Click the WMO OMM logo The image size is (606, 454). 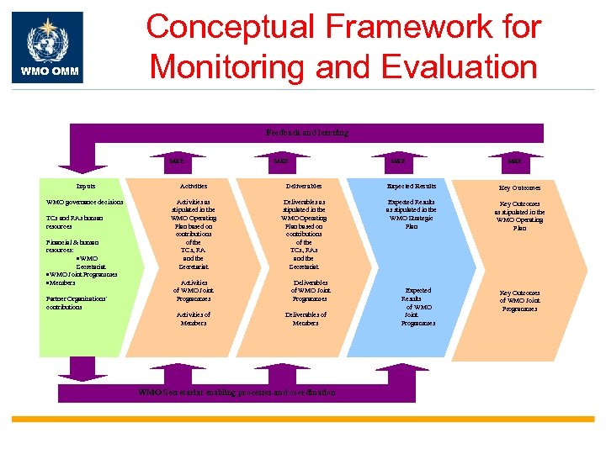pos(47,47)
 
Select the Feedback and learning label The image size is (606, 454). pos(306,133)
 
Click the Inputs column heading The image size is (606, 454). pos(85,186)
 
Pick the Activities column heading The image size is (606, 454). pos(194,186)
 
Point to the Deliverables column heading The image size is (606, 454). pos(306,186)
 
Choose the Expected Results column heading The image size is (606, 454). pos(411,186)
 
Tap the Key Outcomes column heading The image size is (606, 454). pos(519,187)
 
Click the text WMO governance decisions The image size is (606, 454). pos(85,203)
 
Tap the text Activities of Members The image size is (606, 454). pos(194,319)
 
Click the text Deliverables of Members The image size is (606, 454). pos(306,319)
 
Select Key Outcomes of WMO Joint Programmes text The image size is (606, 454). pos(519,300)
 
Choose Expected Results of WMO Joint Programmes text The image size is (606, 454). pos(417,306)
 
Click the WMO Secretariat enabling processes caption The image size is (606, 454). pos(237,393)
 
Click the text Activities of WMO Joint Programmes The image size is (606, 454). pos(194,290)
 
